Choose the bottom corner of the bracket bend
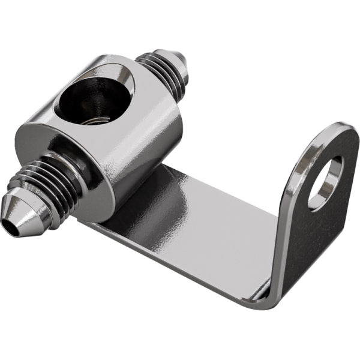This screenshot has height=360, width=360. click(270, 297)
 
